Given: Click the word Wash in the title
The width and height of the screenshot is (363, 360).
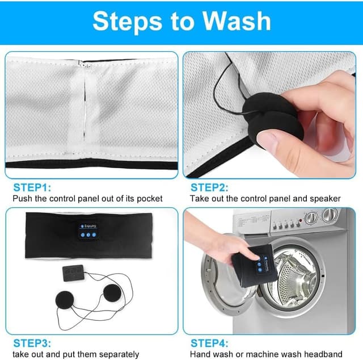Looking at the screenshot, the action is pos(237,21).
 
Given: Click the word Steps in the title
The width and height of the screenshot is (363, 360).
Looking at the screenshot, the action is pos(127,22).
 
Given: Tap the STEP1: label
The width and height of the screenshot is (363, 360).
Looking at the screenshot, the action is pos(32,187).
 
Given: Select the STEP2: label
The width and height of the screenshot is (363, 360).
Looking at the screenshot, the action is pos(209,187).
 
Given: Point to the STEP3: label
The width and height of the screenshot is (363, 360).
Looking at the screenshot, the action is pos(32,343).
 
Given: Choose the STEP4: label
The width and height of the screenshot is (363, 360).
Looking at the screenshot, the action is pos(209,343).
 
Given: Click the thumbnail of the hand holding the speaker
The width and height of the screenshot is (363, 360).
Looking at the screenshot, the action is pos(269,115).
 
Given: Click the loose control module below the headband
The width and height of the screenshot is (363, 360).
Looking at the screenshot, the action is pos(73,273).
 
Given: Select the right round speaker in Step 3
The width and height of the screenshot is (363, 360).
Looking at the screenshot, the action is pos(112,293).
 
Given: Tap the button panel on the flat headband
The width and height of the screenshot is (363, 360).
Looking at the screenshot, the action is pos(88,231).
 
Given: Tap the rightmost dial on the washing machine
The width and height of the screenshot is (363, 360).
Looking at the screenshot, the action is pos(330,215).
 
